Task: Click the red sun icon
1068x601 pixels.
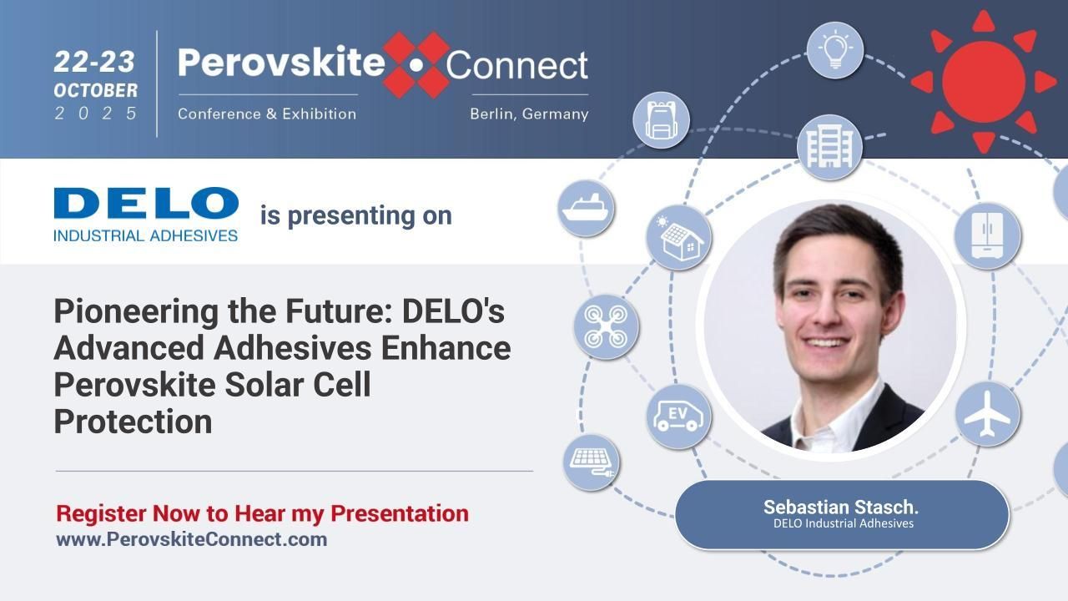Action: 984,80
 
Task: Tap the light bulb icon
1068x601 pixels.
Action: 834,50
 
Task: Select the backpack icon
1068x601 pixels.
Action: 661,120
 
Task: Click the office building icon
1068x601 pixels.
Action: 829,147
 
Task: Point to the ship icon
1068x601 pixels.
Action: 587,208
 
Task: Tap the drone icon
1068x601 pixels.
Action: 606,326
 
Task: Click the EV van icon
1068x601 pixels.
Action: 678,416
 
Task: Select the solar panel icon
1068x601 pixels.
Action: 591,461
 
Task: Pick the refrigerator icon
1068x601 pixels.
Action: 987,235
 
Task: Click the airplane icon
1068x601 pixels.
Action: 987,414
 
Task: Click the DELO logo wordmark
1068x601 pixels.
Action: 146,205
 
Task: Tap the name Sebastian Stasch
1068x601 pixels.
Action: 840,507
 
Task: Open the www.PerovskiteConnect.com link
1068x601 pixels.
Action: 191,539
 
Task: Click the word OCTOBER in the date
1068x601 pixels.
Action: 95,90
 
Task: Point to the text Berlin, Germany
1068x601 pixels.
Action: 528,114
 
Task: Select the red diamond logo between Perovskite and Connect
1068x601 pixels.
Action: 416,64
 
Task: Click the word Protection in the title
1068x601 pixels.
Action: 133,422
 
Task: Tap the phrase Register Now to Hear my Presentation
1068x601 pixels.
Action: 262,513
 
